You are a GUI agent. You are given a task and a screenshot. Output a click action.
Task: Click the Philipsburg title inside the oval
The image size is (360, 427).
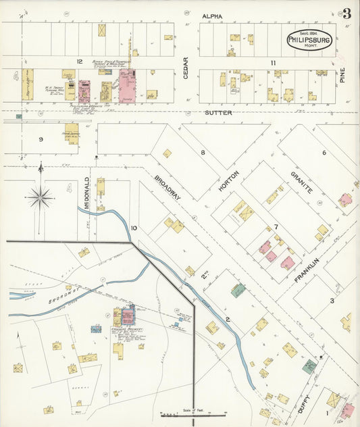(x=310, y=40)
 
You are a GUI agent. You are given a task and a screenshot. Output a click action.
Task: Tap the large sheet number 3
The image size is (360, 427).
(x=346, y=14)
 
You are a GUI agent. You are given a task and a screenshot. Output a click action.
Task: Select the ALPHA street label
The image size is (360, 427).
(x=212, y=15)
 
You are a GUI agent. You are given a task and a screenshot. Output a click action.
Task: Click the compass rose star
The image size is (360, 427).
(x=40, y=197)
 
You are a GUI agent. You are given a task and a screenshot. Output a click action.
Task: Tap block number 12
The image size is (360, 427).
(x=79, y=61)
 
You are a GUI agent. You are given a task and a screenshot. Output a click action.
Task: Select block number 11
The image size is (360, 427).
(x=274, y=63)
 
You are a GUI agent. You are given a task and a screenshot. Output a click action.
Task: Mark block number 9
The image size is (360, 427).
(x=41, y=139)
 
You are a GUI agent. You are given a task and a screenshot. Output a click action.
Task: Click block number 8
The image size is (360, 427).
(x=202, y=153)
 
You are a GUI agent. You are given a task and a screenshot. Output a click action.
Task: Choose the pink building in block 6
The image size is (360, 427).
(x=345, y=199)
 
